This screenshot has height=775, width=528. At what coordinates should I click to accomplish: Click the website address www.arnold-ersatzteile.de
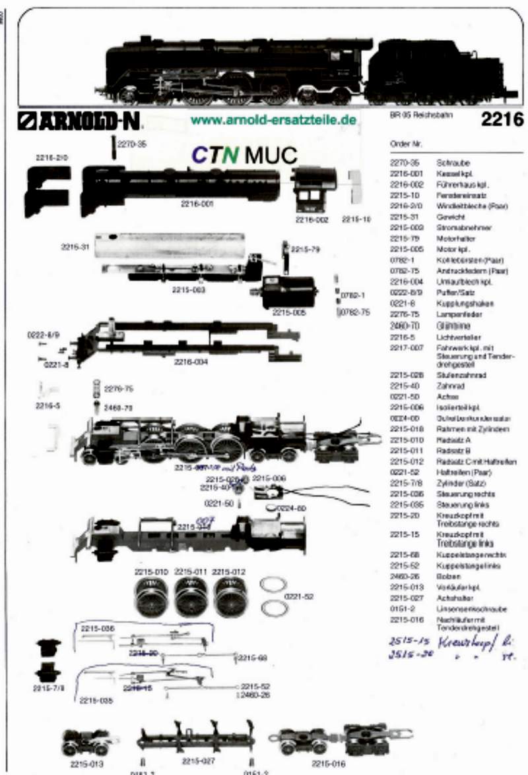(x=273, y=120)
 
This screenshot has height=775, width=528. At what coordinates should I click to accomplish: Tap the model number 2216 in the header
(x=502, y=119)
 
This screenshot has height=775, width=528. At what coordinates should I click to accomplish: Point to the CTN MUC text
(x=245, y=154)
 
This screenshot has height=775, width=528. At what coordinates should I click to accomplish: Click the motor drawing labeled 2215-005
(x=288, y=291)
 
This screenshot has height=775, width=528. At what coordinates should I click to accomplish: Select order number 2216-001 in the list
(x=403, y=173)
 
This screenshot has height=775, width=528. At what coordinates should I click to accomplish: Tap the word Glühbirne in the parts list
(x=450, y=326)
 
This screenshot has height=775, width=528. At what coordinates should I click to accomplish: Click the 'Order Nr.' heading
(x=406, y=143)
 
